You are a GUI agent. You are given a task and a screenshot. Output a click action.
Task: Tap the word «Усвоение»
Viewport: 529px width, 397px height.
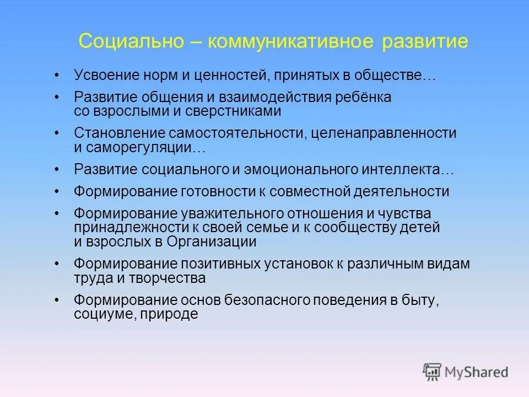click(105, 74)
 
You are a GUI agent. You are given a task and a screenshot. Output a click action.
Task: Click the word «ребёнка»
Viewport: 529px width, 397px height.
click(364, 98)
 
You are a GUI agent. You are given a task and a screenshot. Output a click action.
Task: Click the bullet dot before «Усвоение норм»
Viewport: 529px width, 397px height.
click(57, 74)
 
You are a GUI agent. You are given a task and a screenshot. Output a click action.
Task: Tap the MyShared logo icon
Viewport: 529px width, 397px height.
click(431, 371)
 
